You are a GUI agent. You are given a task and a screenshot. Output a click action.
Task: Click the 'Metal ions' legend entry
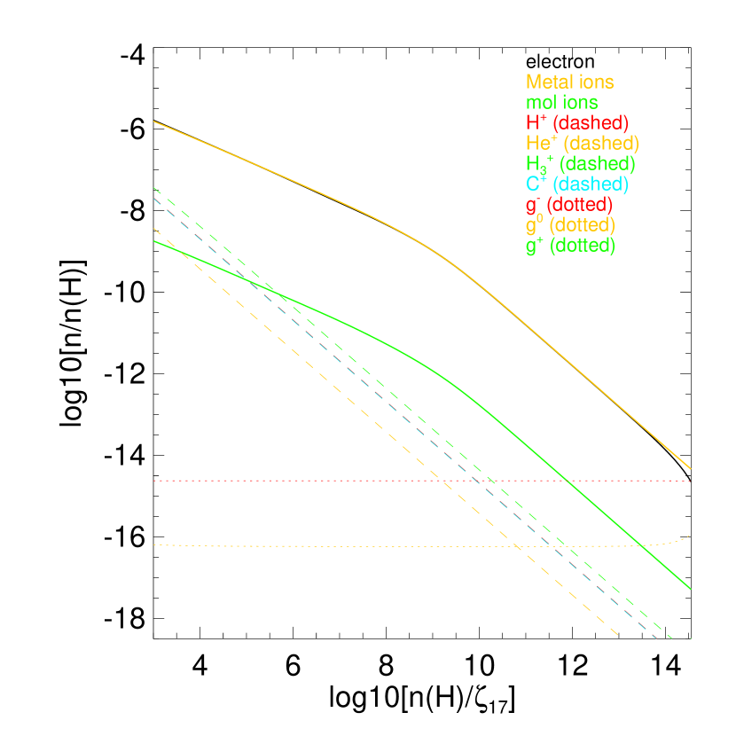coord(569,82)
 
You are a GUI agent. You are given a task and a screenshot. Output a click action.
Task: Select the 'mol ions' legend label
coord(561,103)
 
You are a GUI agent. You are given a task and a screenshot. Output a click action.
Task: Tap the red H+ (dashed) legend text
coord(576,122)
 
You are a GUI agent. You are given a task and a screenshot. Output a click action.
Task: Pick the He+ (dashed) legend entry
coord(582,143)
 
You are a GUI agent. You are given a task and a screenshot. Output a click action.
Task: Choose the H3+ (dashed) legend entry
coord(580,164)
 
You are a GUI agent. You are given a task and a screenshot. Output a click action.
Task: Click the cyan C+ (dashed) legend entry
coord(576,184)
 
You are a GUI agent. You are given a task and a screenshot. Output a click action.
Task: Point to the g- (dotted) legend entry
coord(568,205)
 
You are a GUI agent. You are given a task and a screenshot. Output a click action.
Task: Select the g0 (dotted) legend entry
coord(569,225)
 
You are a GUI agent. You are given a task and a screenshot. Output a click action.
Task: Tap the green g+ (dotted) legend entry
coord(569,246)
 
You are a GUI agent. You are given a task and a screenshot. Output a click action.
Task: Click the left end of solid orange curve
coord(154,121)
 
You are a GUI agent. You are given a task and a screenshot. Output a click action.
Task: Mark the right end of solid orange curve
coord(690,469)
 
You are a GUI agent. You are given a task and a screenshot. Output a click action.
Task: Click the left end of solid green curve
coord(154,240)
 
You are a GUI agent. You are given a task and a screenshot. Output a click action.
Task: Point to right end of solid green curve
coord(690,588)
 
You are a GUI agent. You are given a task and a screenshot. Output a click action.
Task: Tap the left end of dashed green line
coord(154,188)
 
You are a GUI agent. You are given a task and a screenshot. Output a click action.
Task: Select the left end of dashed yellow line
coord(154,228)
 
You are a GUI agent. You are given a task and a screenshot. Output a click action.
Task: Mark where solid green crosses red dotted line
coord(566,481)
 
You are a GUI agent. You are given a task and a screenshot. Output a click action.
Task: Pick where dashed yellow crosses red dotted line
coord(440,481)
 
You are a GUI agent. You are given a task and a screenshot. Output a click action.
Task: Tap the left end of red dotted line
coord(154,481)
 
